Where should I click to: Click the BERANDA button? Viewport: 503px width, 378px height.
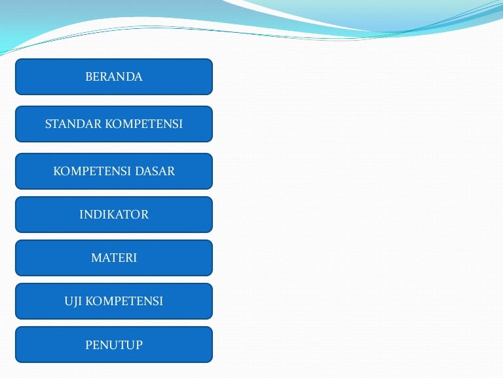(114, 77)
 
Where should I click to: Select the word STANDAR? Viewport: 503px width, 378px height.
(73, 124)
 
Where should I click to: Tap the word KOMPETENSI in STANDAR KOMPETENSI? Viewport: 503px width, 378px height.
(143, 124)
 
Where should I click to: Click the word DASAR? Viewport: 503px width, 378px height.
(155, 171)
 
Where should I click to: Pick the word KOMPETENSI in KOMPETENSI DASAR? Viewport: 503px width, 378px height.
(92, 171)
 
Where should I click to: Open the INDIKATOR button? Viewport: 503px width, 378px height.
(114, 215)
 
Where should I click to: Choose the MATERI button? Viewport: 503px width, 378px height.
(114, 258)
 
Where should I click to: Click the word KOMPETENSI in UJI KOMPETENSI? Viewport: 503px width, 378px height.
(124, 301)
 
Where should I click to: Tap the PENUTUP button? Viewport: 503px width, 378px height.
(114, 345)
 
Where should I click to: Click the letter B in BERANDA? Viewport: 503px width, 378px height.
(89, 77)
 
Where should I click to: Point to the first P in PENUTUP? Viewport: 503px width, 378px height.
(89, 345)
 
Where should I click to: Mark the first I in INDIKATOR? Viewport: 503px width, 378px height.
(81, 215)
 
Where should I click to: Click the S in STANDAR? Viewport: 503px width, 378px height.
(48, 124)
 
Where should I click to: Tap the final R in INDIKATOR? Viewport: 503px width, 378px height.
(145, 215)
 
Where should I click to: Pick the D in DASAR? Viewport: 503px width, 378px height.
(140, 171)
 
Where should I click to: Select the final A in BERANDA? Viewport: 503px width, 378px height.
(138, 77)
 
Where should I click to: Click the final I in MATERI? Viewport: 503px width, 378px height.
(135, 258)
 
